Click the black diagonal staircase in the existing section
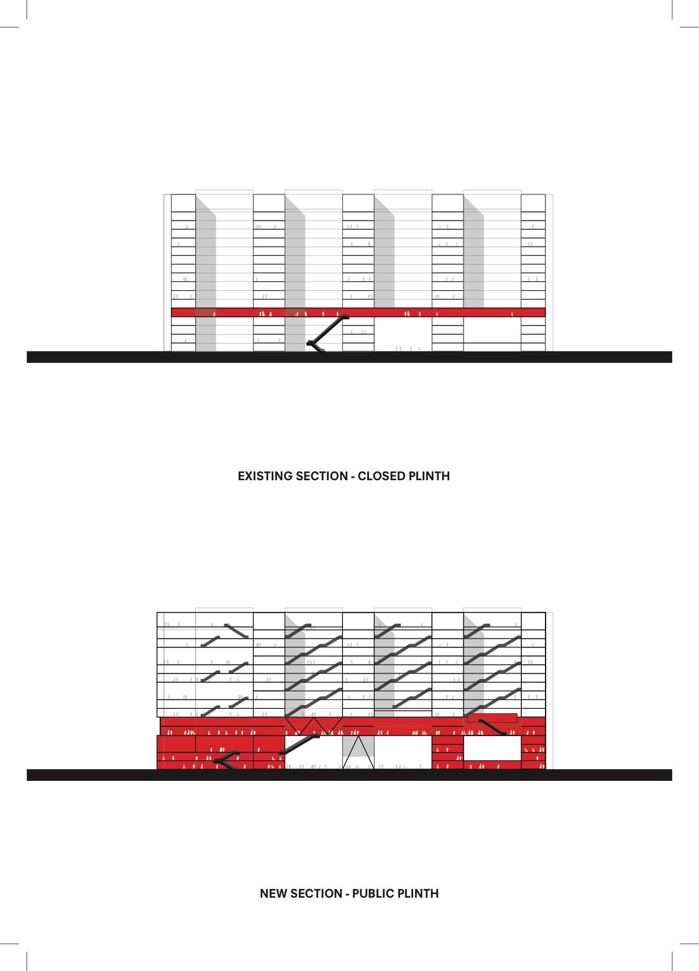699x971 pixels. pyautogui.click(x=327, y=334)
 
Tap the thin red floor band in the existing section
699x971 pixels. pyautogui.click(x=358, y=312)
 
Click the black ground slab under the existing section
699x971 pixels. pyautogui.click(x=349, y=357)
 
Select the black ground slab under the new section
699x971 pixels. pyautogui.click(x=349, y=775)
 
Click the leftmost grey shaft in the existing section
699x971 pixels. pyautogui.click(x=206, y=274)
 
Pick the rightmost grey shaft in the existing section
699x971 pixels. pyautogui.click(x=473, y=252)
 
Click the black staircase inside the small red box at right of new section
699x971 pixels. pyautogui.click(x=492, y=727)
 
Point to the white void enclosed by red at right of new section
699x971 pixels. pyautogui.click(x=492, y=748)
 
